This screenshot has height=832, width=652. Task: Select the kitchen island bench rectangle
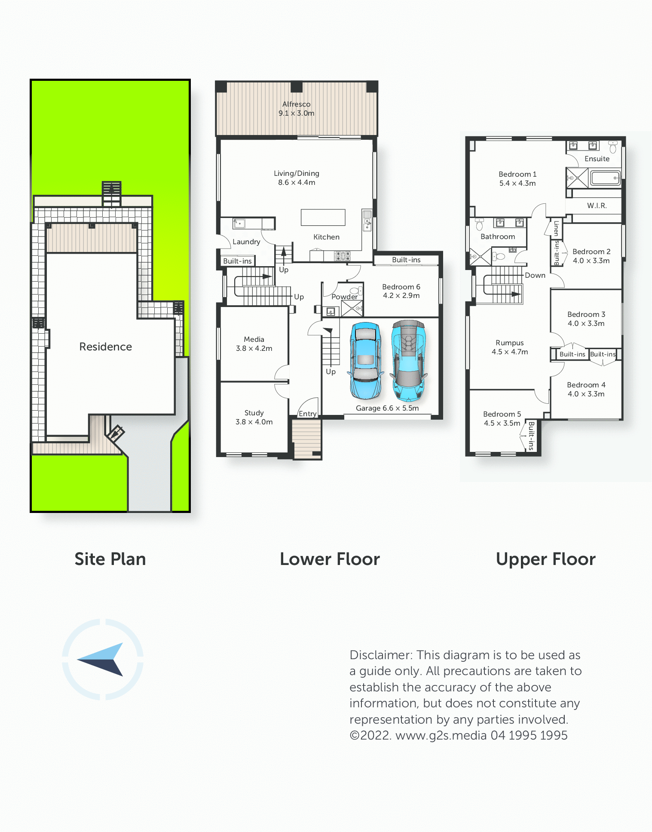click(323, 217)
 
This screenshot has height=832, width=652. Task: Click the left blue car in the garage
click(365, 361)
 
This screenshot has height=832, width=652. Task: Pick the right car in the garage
click(409, 361)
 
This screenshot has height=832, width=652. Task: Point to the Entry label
click(308, 414)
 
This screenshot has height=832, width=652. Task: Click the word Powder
click(345, 297)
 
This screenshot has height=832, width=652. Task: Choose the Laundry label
click(246, 242)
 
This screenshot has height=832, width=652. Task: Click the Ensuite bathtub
click(605, 178)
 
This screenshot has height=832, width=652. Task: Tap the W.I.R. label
click(597, 206)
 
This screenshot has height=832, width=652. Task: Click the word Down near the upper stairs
click(535, 275)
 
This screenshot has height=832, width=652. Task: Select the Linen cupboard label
click(556, 228)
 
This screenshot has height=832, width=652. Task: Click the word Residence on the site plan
click(106, 347)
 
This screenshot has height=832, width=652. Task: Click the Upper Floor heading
click(546, 559)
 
